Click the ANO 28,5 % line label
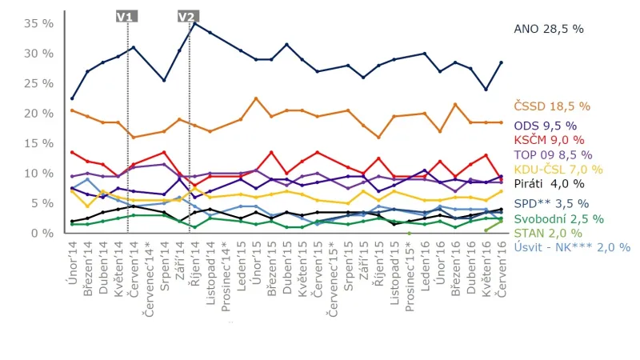(549, 28)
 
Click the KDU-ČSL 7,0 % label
(558, 168)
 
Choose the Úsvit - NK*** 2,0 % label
(572, 246)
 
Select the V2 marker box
(186, 17)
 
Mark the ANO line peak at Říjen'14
(194, 22)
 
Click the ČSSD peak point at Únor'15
(256, 98)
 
